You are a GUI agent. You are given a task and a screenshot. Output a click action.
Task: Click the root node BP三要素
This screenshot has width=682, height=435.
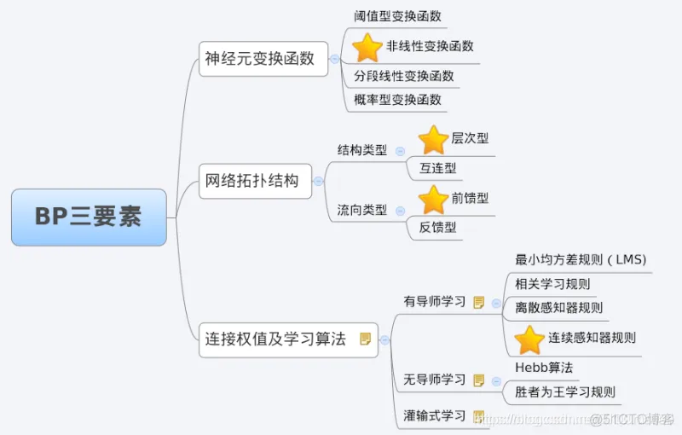coord(89,217)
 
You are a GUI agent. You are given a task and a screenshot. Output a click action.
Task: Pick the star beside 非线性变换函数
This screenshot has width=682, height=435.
coord(367,47)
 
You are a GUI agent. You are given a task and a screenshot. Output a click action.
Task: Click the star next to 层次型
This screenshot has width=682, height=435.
coord(433,139)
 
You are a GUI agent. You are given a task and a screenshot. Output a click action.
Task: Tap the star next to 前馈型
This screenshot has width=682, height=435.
coord(433,199)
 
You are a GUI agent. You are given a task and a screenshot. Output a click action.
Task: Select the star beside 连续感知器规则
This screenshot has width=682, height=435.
coord(529,339)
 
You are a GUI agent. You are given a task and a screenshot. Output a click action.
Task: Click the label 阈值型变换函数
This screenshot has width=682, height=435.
coord(398,16)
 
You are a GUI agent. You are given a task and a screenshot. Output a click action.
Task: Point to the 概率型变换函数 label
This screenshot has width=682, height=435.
coord(398,100)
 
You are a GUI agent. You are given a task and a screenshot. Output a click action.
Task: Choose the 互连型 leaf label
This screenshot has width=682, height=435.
coord(437,168)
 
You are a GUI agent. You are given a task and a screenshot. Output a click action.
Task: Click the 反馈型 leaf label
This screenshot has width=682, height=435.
coord(437,227)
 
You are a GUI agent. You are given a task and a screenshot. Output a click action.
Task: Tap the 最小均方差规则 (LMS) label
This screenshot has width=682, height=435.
coord(581,259)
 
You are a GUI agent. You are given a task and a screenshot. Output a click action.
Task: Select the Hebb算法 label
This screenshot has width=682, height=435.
coord(544,368)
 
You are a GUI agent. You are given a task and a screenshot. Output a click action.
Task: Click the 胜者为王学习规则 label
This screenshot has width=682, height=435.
coord(565,393)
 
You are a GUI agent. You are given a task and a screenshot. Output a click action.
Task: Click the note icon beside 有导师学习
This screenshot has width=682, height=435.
coord(478,302)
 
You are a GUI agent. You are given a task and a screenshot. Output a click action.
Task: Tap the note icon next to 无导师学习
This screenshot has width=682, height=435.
coord(478,380)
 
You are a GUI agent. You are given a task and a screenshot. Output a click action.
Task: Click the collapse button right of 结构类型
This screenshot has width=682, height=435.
coord(400,151)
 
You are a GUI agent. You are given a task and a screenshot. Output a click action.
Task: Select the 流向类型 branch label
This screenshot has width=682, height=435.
coord(361,210)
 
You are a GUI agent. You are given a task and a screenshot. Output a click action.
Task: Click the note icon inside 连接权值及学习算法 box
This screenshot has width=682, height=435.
coord(365,339)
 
